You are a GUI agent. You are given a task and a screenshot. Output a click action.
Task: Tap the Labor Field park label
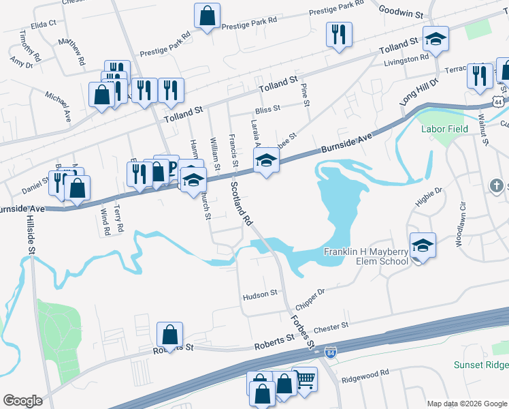tap(446, 128)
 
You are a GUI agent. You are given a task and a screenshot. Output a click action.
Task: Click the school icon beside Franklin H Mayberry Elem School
tap(423, 245)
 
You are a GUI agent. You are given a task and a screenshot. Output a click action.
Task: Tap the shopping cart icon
tap(304, 380)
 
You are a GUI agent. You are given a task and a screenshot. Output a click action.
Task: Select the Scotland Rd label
tap(242, 203)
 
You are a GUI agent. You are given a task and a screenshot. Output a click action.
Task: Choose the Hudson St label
tap(260, 294)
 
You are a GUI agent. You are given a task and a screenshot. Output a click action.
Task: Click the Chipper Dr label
tap(312, 294)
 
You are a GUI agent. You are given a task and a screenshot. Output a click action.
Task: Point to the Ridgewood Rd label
tap(365, 374)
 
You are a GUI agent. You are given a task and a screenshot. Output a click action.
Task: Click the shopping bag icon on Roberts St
tap(169, 335)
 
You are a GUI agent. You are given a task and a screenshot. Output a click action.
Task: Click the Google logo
tap(23, 401)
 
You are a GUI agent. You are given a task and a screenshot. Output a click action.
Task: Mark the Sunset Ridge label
tap(480, 365)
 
